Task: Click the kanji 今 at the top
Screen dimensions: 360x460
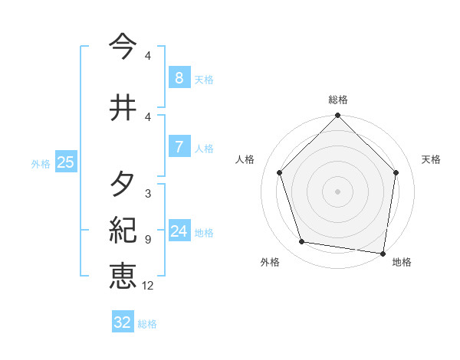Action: [x=123, y=47]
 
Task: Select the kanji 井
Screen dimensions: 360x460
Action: [x=123, y=107]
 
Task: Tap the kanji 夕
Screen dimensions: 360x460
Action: [x=123, y=185]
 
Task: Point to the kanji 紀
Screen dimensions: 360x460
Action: [x=123, y=229]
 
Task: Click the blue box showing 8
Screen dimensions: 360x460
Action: [x=179, y=77]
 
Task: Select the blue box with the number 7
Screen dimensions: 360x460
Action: [x=179, y=147]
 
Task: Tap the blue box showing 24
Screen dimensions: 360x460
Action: [x=179, y=231]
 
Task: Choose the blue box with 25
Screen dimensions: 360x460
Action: [x=65, y=162]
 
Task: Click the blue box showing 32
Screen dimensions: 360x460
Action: [x=123, y=322]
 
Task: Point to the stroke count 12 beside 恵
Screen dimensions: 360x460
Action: [x=148, y=286]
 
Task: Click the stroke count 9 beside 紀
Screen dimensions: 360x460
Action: [x=148, y=240]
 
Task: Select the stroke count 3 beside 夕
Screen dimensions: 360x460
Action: [x=148, y=194]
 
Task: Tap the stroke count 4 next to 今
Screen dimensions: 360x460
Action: [x=148, y=56]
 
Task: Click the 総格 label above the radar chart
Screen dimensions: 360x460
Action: [x=338, y=100]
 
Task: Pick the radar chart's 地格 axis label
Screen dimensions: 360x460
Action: [x=402, y=263]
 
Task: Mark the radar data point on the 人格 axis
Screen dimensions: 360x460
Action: [x=280, y=173]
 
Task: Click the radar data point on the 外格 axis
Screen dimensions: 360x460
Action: [x=302, y=242]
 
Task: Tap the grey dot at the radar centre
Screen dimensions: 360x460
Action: [x=338, y=191]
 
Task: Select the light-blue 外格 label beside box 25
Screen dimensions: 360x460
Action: [x=41, y=163]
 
